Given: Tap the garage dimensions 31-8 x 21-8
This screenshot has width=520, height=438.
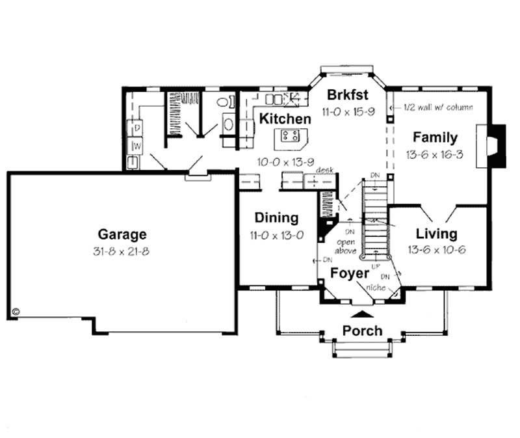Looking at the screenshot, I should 122,251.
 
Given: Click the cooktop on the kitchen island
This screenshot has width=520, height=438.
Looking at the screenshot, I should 290,136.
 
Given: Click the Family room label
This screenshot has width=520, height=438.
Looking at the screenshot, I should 435,137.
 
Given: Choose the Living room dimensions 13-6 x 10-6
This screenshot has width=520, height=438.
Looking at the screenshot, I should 436,249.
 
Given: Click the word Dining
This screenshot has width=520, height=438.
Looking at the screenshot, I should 276,218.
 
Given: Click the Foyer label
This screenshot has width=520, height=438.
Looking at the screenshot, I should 349,273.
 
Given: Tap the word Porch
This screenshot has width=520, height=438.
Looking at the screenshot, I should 362,331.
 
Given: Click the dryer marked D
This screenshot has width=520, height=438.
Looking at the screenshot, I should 138,128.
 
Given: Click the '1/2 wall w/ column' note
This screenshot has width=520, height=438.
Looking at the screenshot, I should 437,107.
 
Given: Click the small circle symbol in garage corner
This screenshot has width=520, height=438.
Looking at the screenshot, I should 16,312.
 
